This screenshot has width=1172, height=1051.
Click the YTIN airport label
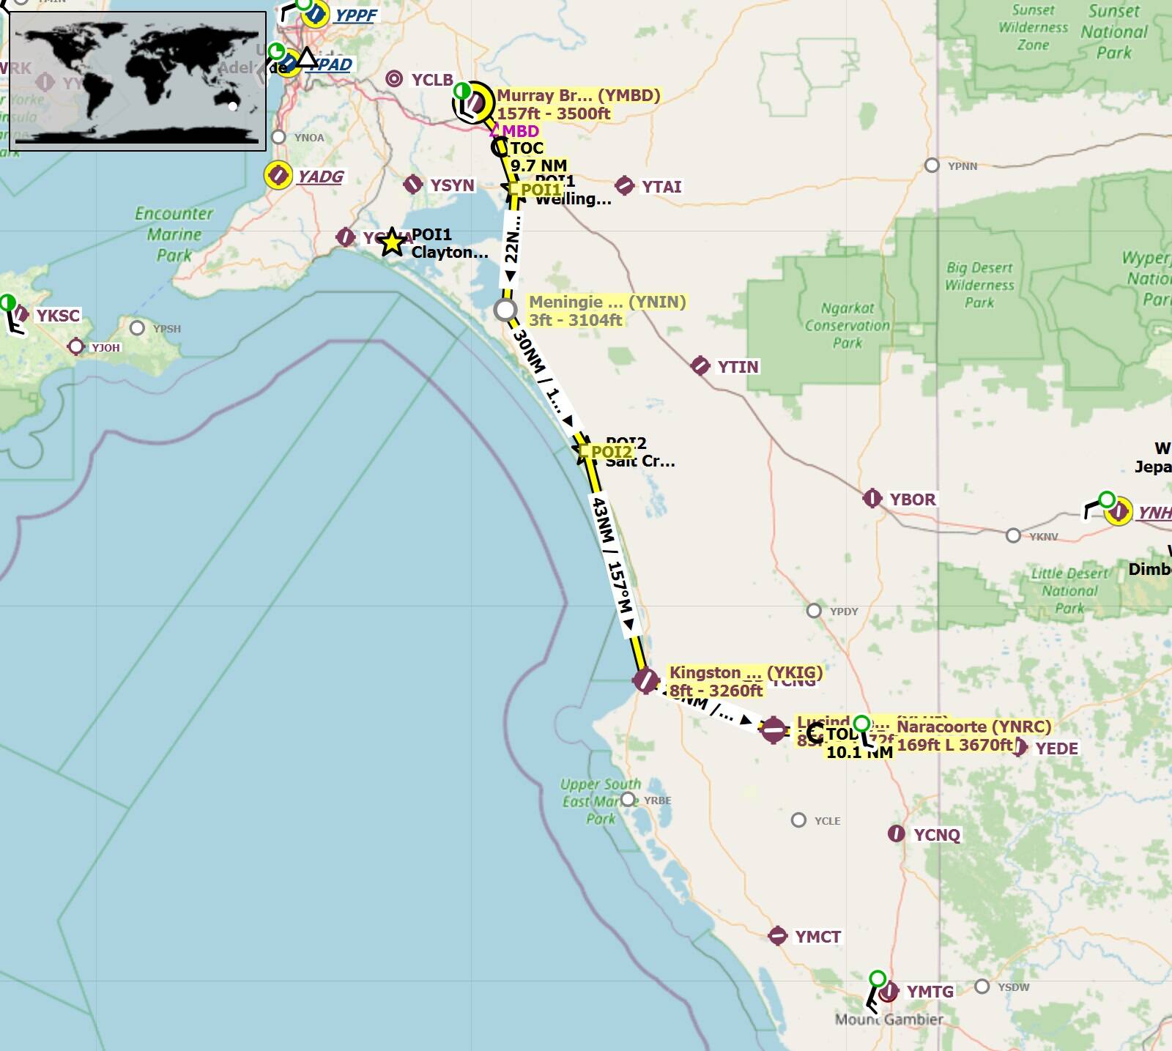738,367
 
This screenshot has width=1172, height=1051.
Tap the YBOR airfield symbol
872,499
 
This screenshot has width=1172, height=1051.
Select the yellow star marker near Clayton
393,242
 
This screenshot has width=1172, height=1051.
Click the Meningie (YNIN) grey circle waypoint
505,310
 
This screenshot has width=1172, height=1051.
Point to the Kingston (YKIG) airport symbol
645,680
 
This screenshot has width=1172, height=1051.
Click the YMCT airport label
817,937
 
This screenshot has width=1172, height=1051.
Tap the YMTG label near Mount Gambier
930,992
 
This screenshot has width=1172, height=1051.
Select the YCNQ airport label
936,835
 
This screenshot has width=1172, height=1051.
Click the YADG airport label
320,177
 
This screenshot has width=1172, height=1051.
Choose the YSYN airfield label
452,185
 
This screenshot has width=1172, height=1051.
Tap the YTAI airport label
661,187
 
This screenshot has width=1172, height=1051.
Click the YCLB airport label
432,80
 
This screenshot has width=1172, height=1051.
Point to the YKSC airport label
58,316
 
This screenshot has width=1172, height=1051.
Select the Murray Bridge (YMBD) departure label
578,104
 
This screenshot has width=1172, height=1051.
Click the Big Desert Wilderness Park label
979,285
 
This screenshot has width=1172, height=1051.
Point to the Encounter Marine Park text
174,234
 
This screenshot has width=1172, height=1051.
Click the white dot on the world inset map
233,106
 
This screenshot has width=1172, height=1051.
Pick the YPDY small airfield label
843,612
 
